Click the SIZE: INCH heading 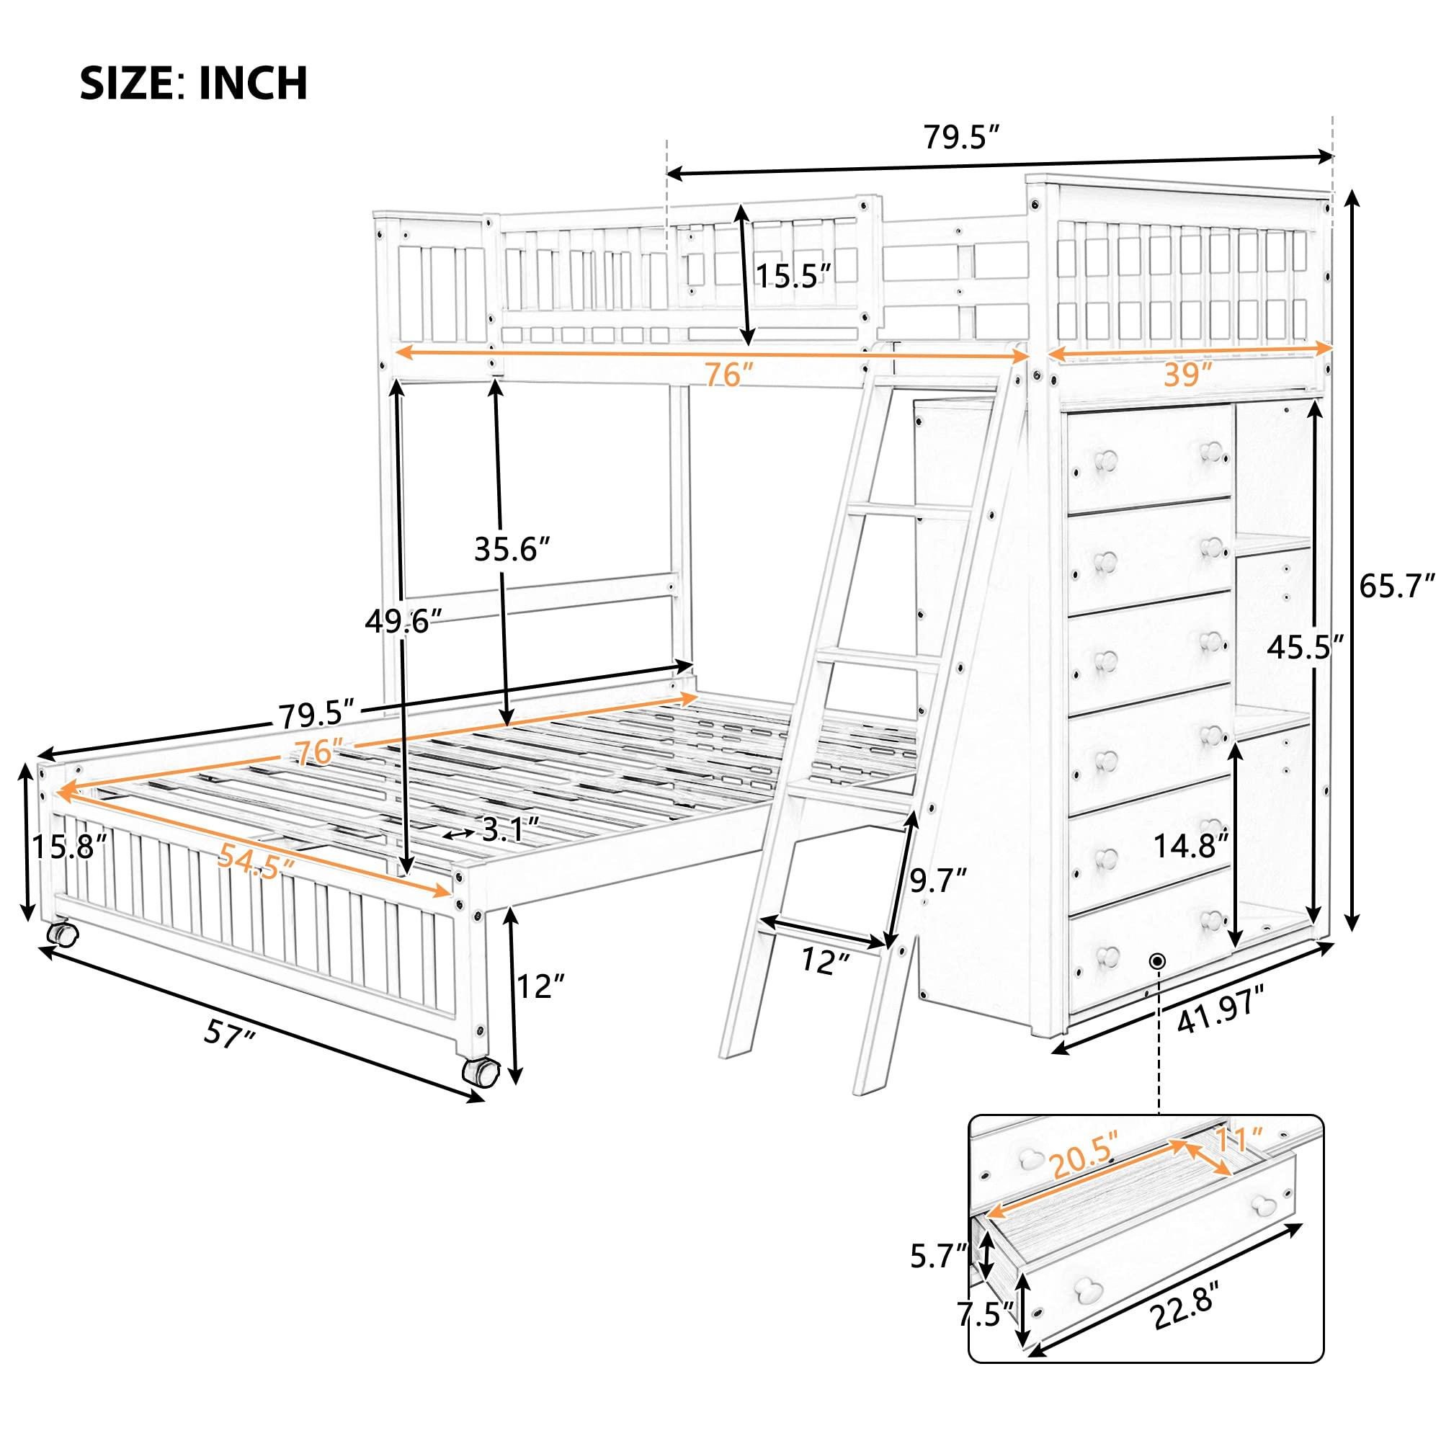pyautogui.click(x=194, y=83)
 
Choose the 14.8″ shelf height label pyautogui.click(x=1190, y=846)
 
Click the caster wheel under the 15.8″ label pyautogui.click(x=62, y=934)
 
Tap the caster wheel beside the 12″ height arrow pyautogui.click(x=479, y=1071)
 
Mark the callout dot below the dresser pyautogui.click(x=1158, y=960)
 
